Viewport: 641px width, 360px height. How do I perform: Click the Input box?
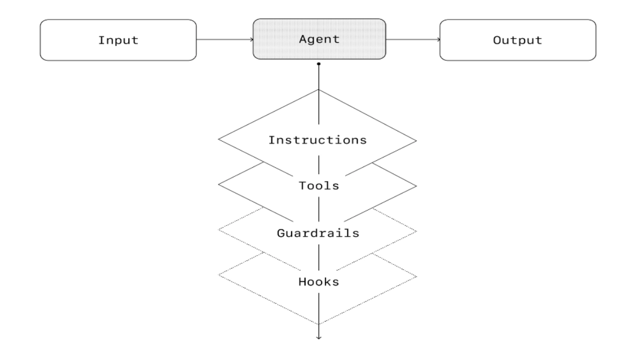pos(118,40)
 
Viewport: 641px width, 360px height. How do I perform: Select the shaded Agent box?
pos(319,40)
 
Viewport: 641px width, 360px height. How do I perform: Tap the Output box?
pos(517,40)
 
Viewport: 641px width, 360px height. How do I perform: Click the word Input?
pos(118,40)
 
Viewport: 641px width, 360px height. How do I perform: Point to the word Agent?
pos(319,40)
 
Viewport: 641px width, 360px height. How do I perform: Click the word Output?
pos(517,40)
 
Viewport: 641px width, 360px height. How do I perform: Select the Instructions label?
pos(318,140)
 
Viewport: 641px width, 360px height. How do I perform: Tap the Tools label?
pos(318,186)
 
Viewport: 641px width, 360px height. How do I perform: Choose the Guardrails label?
pos(318,233)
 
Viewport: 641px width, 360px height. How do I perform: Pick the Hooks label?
pos(318,282)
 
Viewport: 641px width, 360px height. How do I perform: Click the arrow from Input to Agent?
pos(224,40)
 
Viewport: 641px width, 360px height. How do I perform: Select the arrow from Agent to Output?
pos(413,40)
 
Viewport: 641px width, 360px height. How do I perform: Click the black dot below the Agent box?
pos(319,64)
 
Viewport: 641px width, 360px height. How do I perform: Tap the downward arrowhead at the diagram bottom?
pos(319,337)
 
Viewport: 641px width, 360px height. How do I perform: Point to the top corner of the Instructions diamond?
pos(319,89)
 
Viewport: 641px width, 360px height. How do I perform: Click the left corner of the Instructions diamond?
pos(219,140)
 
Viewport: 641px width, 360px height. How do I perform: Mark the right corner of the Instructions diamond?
pos(417,140)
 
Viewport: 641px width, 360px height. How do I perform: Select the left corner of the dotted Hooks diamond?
pos(219,277)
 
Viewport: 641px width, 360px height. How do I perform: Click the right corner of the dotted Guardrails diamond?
pos(417,231)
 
